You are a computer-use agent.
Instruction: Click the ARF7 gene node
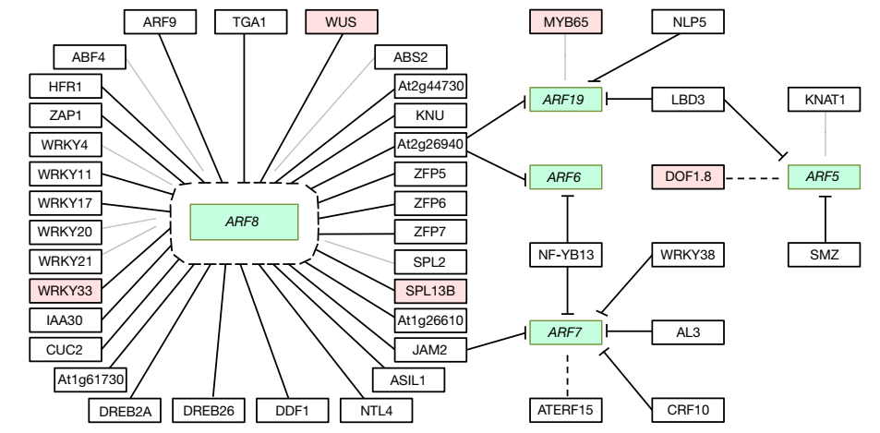pos(565,329)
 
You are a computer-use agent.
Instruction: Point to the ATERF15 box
pos(565,406)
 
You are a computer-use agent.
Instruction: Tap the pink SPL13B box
pos(430,290)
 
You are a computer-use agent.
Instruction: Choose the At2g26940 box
pos(430,144)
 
